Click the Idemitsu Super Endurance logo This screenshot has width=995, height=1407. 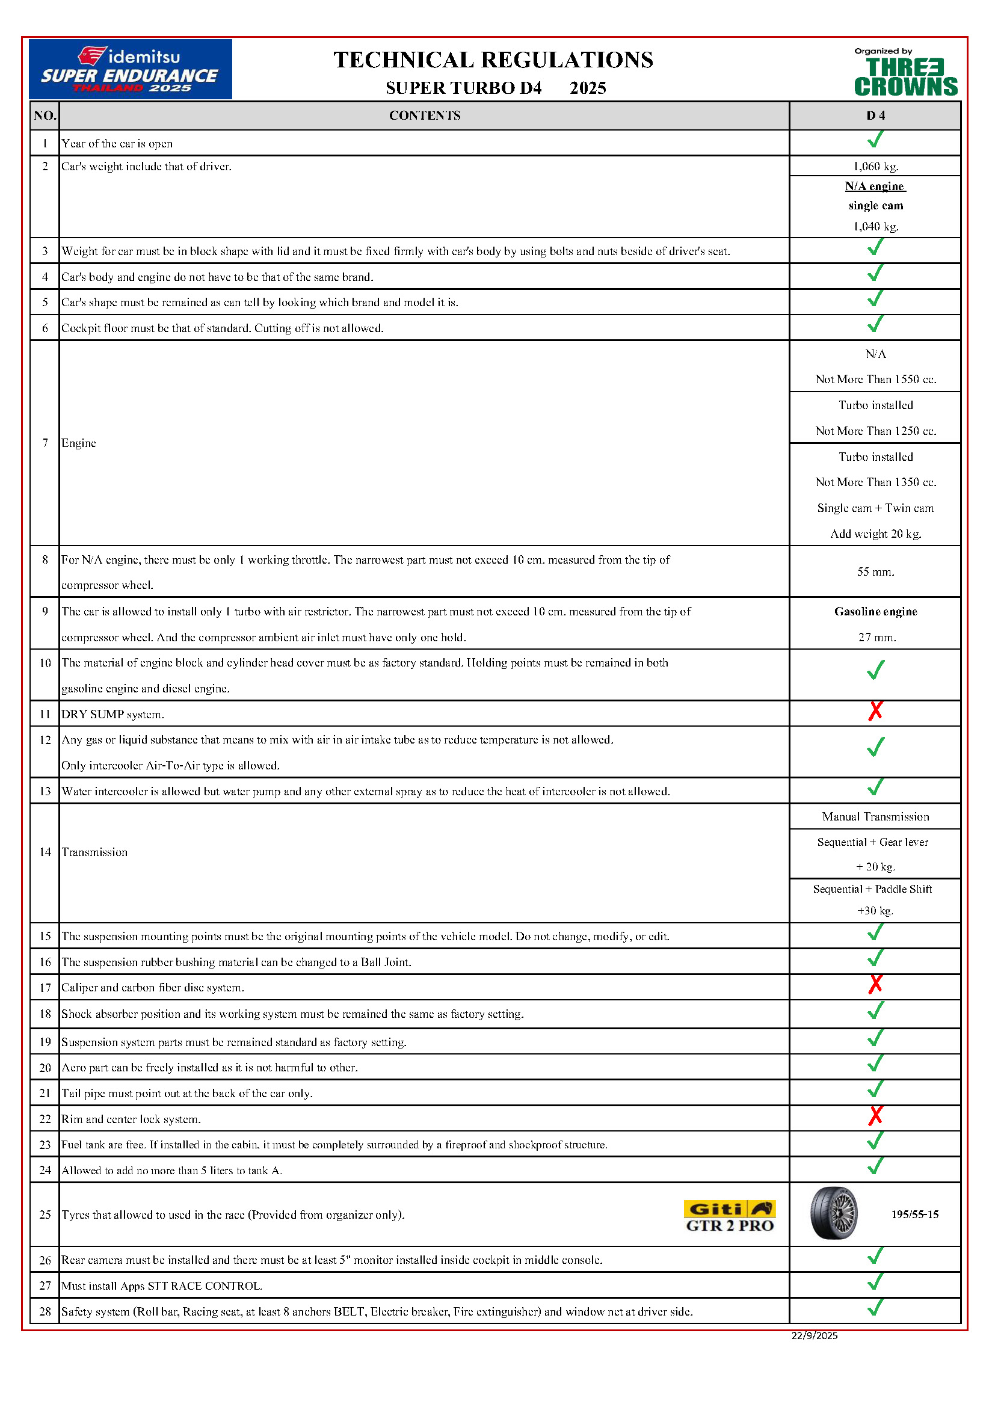pos(130,69)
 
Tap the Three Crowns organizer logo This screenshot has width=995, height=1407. pos(905,73)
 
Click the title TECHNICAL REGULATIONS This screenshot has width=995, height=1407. pos(493,60)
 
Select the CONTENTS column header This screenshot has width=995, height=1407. pos(425,116)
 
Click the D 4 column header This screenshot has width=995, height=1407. pos(875,116)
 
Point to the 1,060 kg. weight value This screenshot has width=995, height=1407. pos(875,166)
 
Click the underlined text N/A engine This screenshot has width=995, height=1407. pos(874,186)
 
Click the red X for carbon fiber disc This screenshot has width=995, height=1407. pos(875,984)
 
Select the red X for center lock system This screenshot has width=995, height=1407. pos(875,1116)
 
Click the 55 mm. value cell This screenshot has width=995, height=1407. pos(875,571)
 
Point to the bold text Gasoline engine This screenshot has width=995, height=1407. pos(875,612)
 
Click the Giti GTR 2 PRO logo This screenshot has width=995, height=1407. pos(729,1216)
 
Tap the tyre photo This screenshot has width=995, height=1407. pos(834,1213)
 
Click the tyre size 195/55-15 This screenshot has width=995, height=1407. pos(915,1215)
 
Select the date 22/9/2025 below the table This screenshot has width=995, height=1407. pos(814,1335)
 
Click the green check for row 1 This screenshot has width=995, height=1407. pos(875,140)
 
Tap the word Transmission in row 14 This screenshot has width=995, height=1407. pos(94,852)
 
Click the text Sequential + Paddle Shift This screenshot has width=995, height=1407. pos(872,889)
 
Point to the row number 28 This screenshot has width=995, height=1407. pos(45,1311)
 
